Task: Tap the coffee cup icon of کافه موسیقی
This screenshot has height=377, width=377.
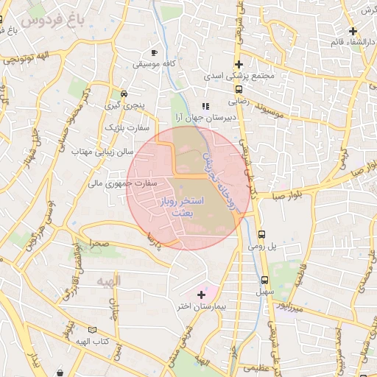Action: pyautogui.click(x=155, y=53)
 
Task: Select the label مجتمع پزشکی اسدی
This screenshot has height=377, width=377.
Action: pyautogui.click(x=239, y=76)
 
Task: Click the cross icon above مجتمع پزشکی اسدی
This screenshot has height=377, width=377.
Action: pyautogui.click(x=239, y=64)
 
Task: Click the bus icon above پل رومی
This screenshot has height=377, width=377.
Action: pyautogui.click(x=261, y=235)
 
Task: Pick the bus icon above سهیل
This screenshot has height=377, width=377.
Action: pyautogui.click(x=264, y=280)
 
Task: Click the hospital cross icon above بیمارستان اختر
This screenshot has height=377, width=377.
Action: pyautogui.click(x=201, y=295)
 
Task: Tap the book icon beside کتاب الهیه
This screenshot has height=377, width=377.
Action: pyautogui.click(x=92, y=331)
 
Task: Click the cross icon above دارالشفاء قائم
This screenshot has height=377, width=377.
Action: pyautogui.click(x=353, y=31)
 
